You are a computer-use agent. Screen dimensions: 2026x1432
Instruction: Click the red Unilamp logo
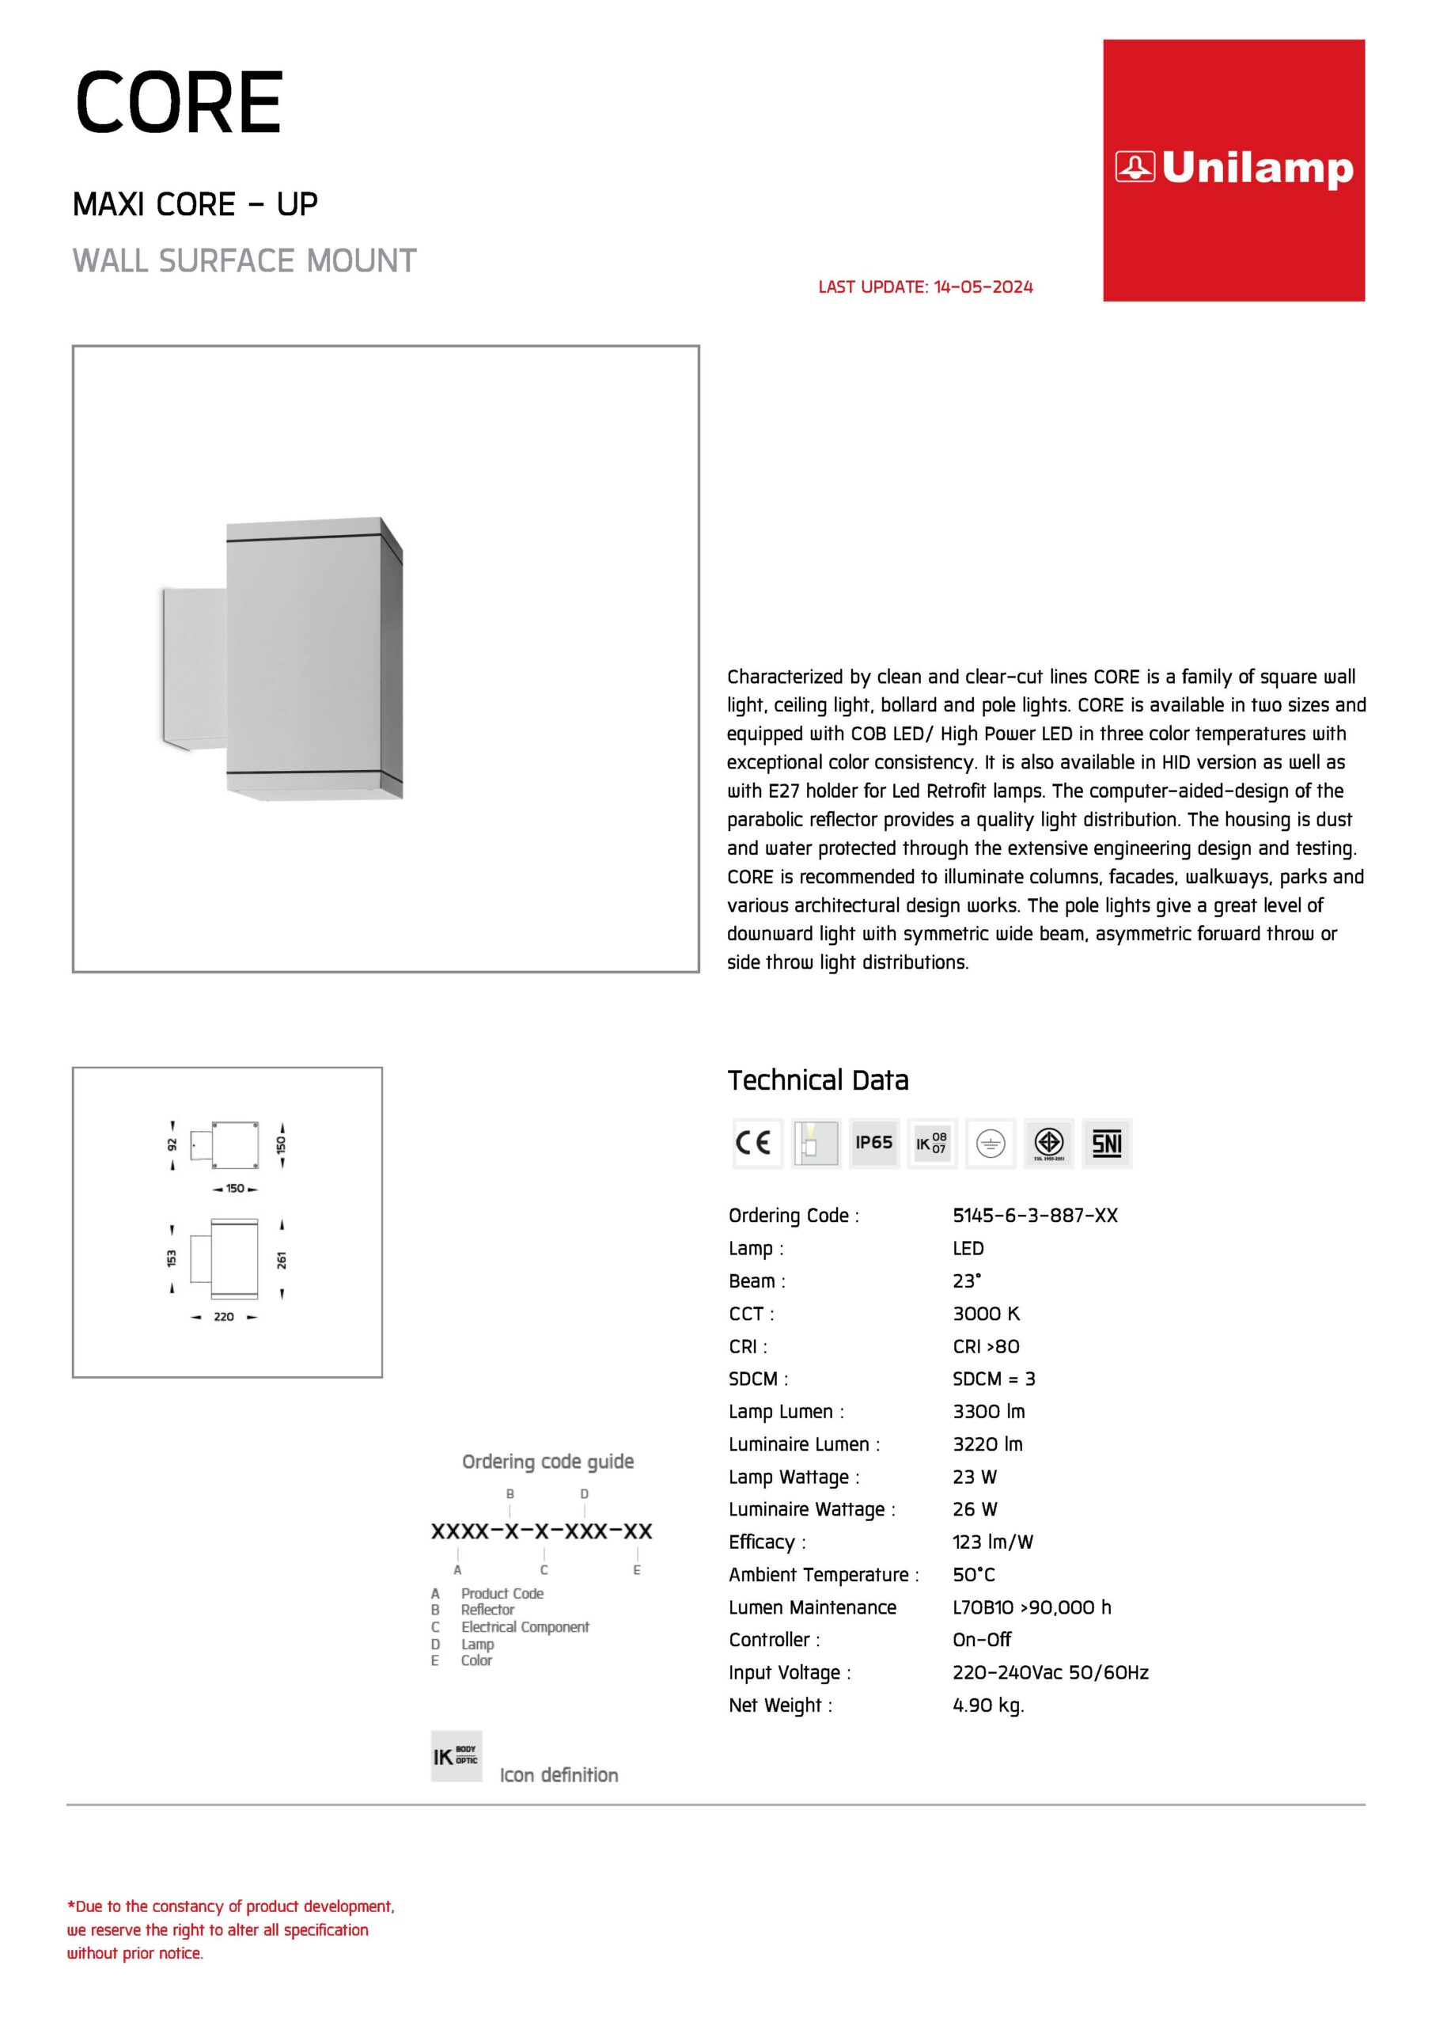1233,169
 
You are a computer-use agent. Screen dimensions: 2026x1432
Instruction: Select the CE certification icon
756,1143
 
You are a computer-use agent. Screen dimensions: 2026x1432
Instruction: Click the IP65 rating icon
873,1143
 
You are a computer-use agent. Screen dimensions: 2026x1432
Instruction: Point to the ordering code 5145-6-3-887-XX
1034,1215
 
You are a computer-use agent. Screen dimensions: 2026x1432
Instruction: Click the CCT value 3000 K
986,1313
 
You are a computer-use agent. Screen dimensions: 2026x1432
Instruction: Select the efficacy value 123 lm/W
993,1542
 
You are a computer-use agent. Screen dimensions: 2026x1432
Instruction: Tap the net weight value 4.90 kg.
988,1705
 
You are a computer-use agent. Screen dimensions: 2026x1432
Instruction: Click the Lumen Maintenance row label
812,1607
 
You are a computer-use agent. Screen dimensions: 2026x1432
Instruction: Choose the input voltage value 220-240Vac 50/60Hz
1050,1672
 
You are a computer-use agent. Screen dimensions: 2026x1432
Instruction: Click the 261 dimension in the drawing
282,1259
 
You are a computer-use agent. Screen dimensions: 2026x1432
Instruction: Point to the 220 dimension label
224,1317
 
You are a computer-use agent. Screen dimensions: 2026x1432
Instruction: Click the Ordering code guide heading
548,1461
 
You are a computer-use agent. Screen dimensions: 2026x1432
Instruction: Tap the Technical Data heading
818,1080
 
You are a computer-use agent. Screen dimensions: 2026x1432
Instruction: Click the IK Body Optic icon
456,1756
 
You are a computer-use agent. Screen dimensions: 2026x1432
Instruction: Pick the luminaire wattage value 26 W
974,1509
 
